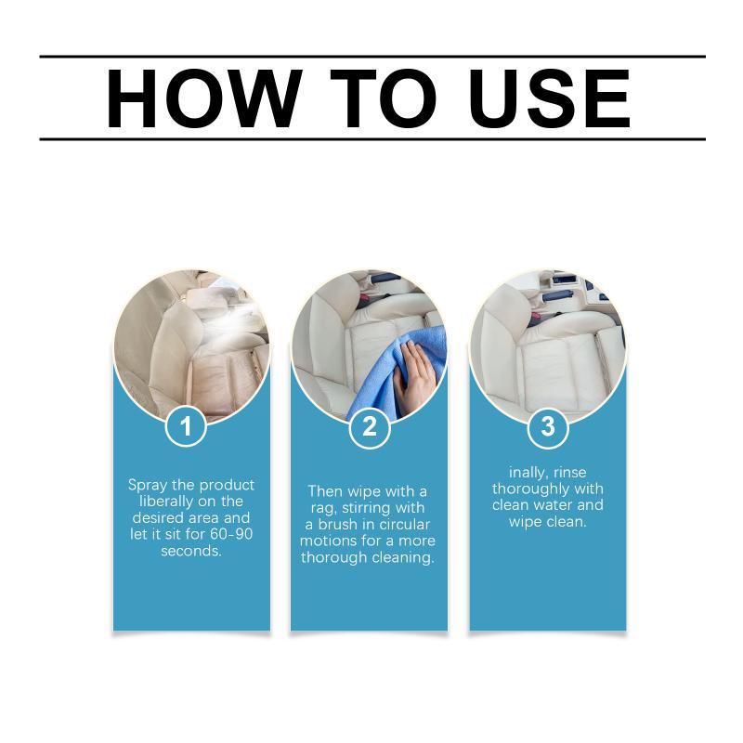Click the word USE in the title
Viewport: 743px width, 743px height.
tap(550, 98)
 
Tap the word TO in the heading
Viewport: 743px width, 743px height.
tap(383, 98)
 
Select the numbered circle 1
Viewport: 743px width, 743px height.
tap(187, 425)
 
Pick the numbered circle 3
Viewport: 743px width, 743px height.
tap(548, 426)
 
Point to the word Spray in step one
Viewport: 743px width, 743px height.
tap(149, 486)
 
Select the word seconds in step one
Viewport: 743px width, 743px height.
tap(191, 551)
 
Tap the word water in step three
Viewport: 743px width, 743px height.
tap(550, 505)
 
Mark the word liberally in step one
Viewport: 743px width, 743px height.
tap(166, 502)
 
